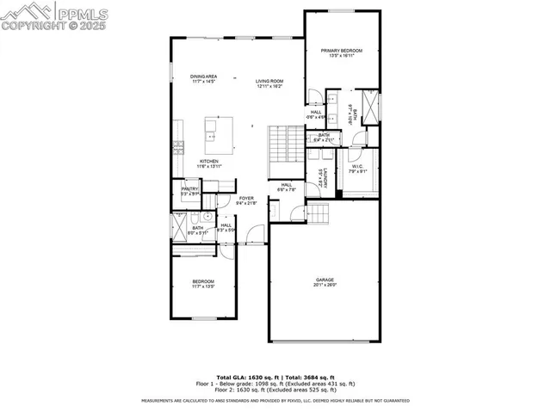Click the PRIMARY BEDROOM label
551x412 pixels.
click(x=342, y=51)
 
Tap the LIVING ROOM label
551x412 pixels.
click(x=269, y=82)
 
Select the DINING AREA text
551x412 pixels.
click(x=204, y=77)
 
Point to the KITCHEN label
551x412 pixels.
click(x=209, y=161)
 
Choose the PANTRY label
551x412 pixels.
click(x=190, y=188)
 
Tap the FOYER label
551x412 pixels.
click(x=246, y=198)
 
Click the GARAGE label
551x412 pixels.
click(x=324, y=280)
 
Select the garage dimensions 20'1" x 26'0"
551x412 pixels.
click(x=324, y=285)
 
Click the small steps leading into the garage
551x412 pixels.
click(x=320, y=212)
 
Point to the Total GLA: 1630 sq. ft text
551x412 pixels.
click(x=245, y=378)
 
